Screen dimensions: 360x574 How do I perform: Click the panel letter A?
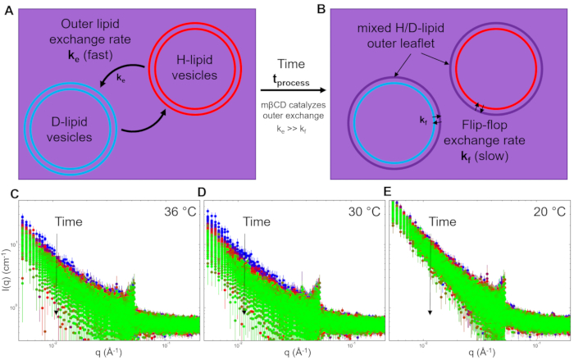click(10, 11)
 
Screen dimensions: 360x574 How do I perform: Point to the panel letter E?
click(389, 194)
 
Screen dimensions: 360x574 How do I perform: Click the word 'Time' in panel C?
click(69, 221)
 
